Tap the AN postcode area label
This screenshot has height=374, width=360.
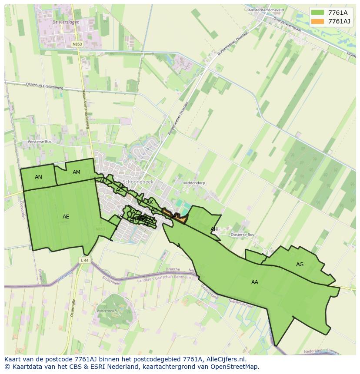click(x=39, y=177)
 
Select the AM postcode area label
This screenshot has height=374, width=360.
click(x=77, y=172)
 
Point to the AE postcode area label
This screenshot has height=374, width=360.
click(x=66, y=217)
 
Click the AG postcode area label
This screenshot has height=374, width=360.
click(x=300, y=265)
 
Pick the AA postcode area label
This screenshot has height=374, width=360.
click(x=255, y=282)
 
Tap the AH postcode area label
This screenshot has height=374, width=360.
click(x=214, y=229)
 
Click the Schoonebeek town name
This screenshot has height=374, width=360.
click(x=136, y=182)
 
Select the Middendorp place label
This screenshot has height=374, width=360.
click(x=194, y=183)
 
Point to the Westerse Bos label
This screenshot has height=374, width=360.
click(x=40, y=142)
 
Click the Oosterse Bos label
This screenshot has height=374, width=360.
click(x=242, y=235)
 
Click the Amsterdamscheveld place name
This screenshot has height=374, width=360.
click(x=266, y=10)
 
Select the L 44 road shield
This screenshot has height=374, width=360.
click(x=84, y=260)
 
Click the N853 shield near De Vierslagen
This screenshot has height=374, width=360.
click(x=77, y=44)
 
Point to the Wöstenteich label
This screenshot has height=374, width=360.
click(x=107, y=311)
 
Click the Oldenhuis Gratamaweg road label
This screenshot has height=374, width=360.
click(x=44, y=86)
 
